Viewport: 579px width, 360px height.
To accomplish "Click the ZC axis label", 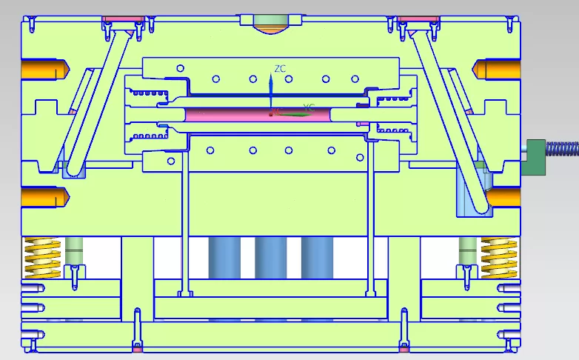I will pos(280,69).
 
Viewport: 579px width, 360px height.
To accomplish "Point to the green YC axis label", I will pos(309,107).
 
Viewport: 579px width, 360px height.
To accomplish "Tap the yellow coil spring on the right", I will pos(498,256).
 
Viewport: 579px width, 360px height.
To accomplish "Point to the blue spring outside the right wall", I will pos(563,150).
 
